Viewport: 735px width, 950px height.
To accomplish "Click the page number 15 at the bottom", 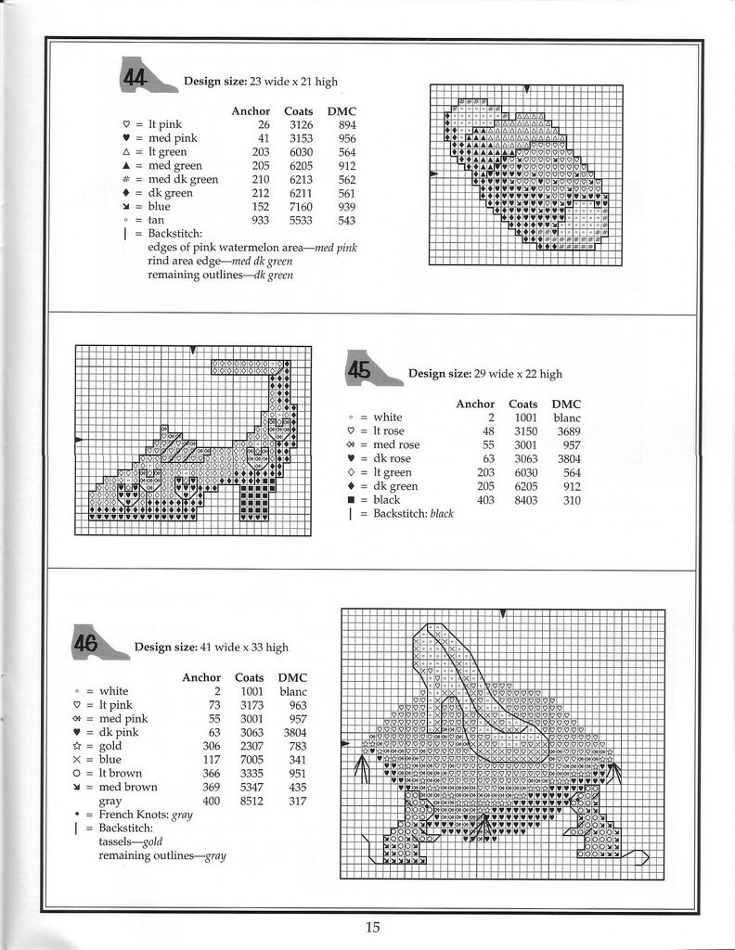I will click(372, 926).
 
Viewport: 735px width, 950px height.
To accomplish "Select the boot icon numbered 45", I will click(371, 369).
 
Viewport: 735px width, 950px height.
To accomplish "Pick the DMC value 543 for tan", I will click(347, 220).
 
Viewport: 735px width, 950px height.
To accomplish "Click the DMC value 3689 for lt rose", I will click(569, 431).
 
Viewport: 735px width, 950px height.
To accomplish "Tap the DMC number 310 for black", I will click(571, 500).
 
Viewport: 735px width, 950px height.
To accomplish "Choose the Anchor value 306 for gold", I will click(212, 746).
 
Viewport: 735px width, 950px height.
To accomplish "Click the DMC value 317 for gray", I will click(297, 801).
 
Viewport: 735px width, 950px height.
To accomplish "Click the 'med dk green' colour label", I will click(183, 179).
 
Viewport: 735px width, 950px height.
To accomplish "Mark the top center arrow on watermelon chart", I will click(527, 89).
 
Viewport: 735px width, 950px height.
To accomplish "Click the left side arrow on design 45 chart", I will click(78, 439).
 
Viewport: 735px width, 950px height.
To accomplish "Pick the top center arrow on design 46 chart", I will click(502, 613).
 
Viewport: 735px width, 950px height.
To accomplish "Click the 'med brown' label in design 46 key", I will click(128, 787).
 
